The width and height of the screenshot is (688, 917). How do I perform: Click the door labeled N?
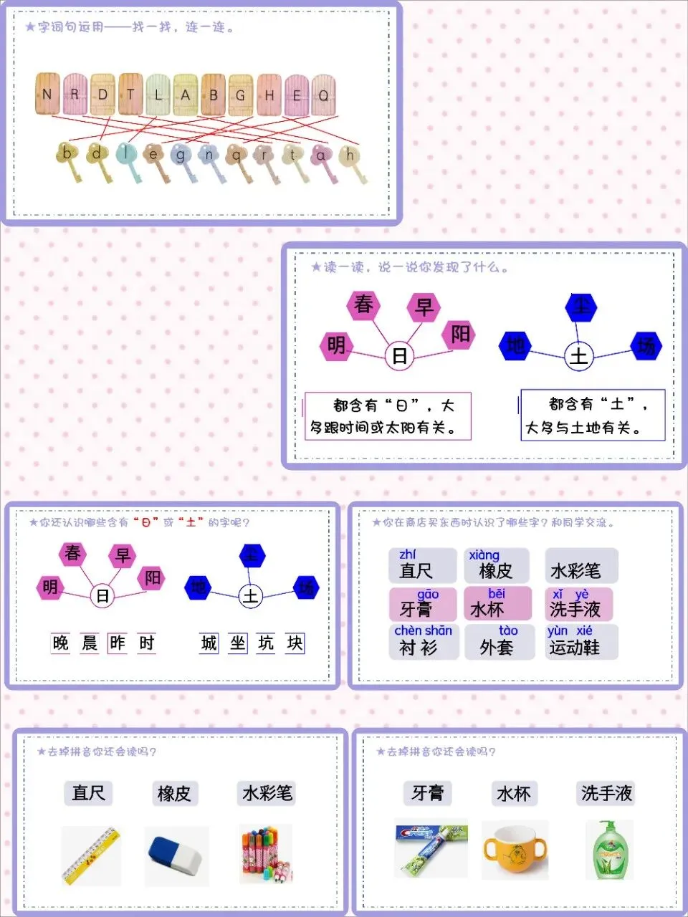click(47, 94)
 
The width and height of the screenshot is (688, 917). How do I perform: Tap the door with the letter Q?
click(323, 94)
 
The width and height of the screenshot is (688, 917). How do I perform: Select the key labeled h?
click(350, 155)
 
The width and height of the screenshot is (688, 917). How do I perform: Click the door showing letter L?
click(158, 94)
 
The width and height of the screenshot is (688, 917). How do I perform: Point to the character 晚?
click(61, 643)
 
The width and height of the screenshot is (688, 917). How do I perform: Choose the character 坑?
click(266, 643)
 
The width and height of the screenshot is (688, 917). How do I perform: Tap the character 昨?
click(118, 643)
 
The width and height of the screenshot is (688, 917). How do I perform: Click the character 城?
click(209, 643)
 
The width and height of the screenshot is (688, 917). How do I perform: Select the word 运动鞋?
click(574, 648)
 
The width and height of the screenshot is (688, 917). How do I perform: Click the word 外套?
click(497, 648)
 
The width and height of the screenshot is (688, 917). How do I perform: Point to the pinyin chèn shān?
click(423, 630)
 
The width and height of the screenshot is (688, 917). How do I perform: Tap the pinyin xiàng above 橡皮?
click(484, 555)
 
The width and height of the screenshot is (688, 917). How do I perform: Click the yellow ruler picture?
click(91, 855)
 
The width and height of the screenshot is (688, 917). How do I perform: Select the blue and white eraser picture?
click(176, 855)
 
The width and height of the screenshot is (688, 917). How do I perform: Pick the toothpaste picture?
click(431, 848)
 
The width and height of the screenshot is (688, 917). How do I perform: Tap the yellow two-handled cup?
click(515, 851)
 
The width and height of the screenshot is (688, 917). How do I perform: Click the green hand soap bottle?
click(609, 850)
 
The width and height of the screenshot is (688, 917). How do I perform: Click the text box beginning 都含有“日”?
click(388, 416)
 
